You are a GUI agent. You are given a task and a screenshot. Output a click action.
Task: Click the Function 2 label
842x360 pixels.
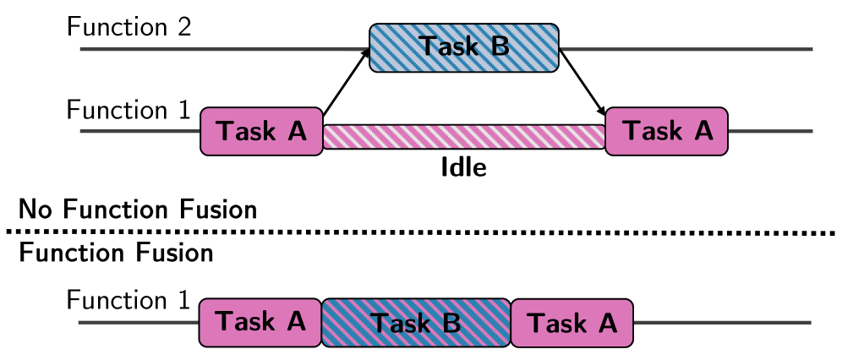129,27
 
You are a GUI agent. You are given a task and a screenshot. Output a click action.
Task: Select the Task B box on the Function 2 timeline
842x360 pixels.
463,46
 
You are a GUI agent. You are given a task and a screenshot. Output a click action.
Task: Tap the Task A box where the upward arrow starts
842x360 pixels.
261,131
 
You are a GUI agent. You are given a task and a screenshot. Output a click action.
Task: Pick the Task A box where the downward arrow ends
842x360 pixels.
667,131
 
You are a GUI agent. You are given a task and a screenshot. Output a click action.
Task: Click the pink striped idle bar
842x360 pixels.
464,137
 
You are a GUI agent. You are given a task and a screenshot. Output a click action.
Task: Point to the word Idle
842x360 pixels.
464,167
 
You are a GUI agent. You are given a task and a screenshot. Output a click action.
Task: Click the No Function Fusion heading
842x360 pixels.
138,209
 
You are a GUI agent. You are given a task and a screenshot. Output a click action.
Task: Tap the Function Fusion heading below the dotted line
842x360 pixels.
116,252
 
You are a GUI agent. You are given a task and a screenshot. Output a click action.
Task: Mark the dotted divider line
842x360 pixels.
423,231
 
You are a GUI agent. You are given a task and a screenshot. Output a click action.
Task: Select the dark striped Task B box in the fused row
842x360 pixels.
416,322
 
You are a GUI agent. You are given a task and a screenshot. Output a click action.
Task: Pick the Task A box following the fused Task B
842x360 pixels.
572,322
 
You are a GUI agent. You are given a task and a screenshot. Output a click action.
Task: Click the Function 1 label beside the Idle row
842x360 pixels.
129,111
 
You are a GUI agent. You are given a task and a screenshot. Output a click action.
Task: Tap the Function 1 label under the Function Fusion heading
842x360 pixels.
129,301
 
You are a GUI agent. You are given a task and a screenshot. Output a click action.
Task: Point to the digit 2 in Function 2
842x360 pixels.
185,27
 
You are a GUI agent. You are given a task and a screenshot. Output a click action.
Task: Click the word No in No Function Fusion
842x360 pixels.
36,209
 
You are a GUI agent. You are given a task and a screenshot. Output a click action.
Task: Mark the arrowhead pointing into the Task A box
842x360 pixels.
603,112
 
